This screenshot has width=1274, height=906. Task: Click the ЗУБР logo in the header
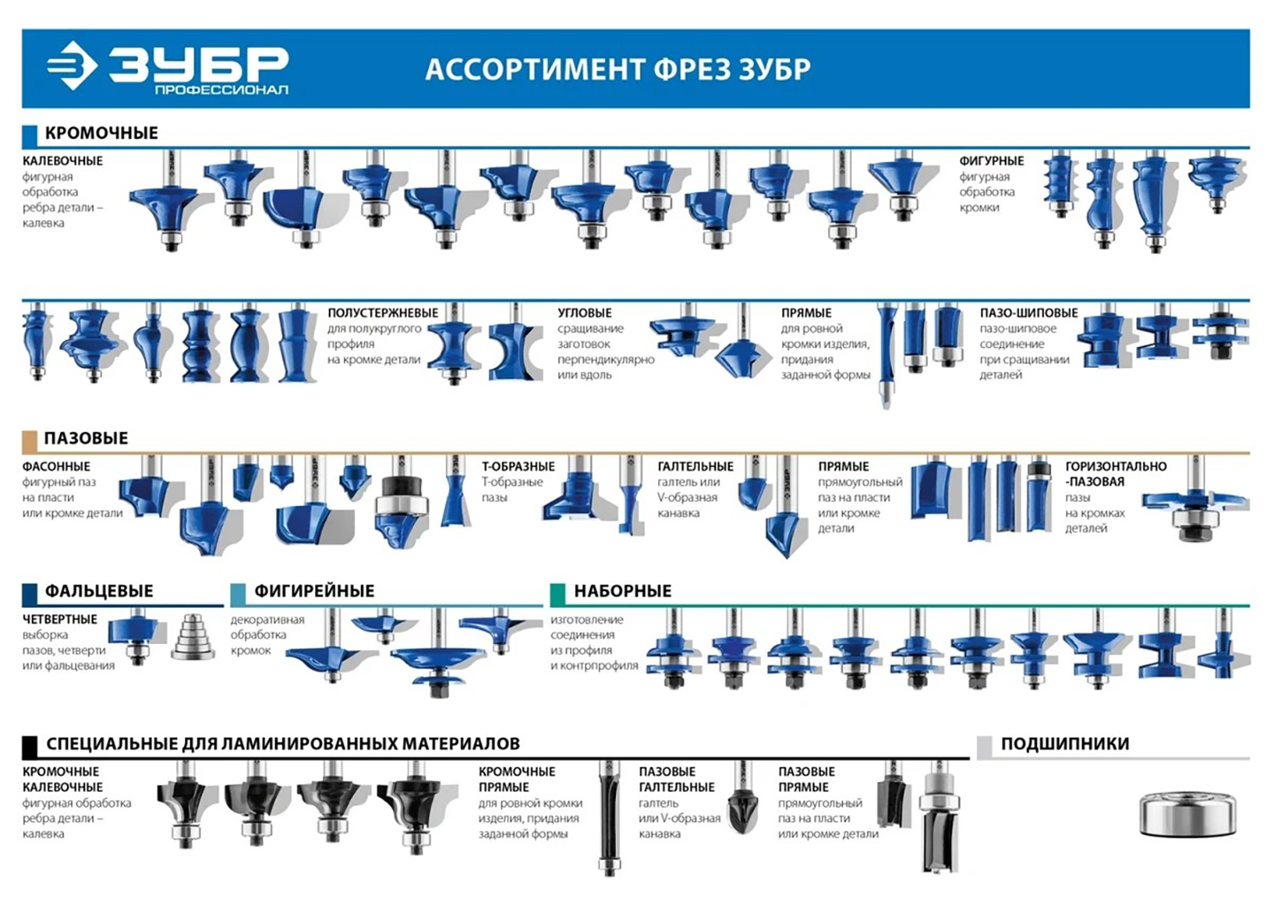coord(168,68)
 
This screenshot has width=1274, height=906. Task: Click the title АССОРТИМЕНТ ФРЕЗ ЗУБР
coord(618,69)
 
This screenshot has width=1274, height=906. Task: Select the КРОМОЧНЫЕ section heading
coord(102,133)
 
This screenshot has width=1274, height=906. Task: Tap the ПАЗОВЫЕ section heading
coord(86,438)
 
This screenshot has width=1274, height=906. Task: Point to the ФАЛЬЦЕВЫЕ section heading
coord(99,591)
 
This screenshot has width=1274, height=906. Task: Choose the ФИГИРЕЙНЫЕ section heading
coord(314,591)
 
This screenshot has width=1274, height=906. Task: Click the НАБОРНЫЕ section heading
coord(622,591)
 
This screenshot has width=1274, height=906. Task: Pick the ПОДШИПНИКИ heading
coord(1064,744)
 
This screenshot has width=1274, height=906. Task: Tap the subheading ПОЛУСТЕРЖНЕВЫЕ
coord(383,313)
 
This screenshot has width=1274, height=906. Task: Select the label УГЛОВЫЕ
coord(584,313)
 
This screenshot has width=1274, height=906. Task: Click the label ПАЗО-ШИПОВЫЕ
coord(1029,313)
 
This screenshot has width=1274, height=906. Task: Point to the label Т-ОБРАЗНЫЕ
coord(518,466)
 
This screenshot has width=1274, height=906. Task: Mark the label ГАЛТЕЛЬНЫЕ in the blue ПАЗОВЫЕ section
coord(695,466)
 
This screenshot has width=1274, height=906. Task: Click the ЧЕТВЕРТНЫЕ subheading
coord(60,619)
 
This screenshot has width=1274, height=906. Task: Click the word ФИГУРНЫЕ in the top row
coord(992,161)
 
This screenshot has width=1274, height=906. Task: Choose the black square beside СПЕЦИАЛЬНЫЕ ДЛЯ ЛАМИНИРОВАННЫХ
coord(30,746)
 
